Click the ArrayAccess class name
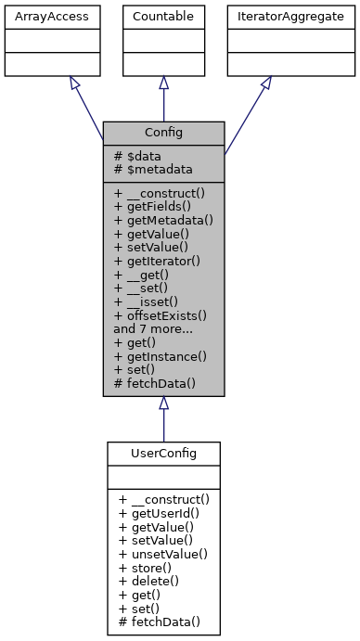click(42, 17)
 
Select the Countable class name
click(163, 17)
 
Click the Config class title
click(163, 132)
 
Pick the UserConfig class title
click(163, 453)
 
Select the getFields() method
click(156, 207)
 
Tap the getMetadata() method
click(163, 220)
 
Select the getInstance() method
click(161, 356)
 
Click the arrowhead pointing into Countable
click(163, 83)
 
